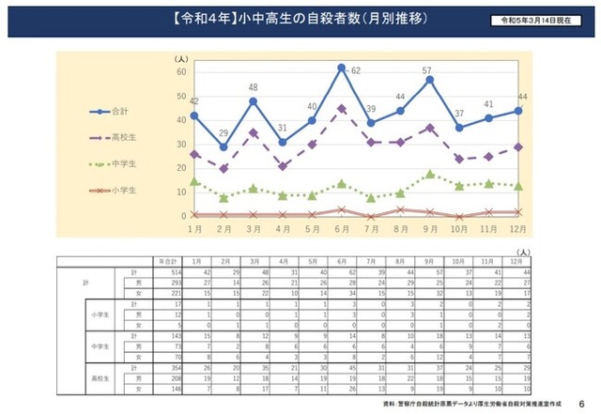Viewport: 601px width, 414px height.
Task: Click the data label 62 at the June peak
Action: [x=356, y=71]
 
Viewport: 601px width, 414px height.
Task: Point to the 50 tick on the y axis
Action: [x=181, y=96]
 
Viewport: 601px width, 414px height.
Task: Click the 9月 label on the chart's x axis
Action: [x=429, y=229]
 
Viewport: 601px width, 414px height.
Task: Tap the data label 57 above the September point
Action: [x=426, y=70]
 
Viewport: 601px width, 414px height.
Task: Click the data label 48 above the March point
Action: [x=253, y=88]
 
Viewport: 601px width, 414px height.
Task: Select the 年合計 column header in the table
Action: [x=168, y=261]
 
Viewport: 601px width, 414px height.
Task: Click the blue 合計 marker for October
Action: [x=458, y=128]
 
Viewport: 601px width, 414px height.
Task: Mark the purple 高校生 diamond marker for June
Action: [x=341, y=108]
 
